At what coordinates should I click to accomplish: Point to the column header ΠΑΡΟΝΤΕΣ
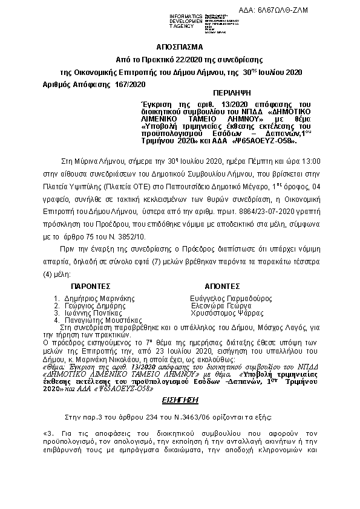(92, 284)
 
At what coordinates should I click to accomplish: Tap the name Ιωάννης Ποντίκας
(93, 314)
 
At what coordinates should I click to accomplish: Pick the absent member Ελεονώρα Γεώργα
(220, 306)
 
